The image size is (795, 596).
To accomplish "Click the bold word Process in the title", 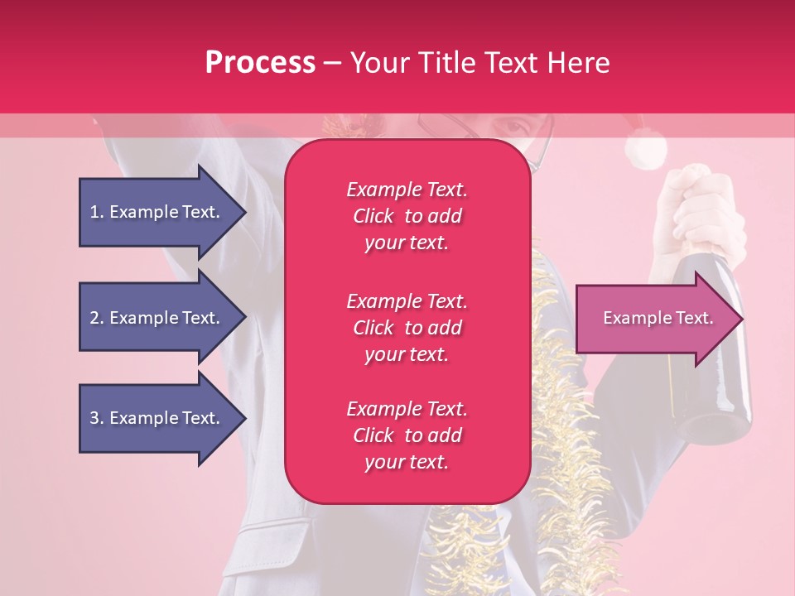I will click(260, 63).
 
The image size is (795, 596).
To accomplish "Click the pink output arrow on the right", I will click(654, 319).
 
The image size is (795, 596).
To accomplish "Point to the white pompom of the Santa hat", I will click(645, 151).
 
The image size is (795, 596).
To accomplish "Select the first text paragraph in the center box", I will click(407, 216).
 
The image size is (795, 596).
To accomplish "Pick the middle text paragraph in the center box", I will click(407, 328).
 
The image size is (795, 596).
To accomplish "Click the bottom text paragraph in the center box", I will click(407, 435).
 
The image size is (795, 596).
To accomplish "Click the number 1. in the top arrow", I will click(97, 212).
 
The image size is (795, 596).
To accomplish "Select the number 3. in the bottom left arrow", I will click(97, 418).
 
